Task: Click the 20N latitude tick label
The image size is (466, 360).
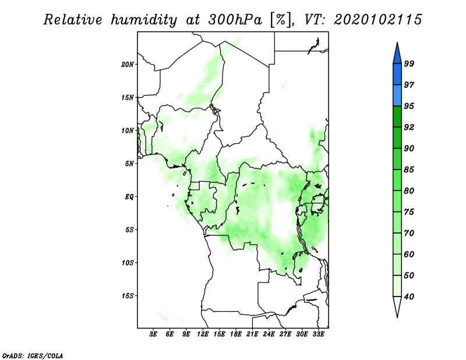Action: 128,64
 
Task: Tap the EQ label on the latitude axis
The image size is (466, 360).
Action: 129,196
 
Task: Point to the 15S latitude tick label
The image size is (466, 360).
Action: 128,296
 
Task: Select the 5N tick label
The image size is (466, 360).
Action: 129,164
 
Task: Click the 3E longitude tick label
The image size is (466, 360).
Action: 153,334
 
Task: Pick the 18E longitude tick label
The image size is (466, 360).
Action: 236,334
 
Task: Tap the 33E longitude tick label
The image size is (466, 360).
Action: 318,334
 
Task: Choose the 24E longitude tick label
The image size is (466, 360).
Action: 269,334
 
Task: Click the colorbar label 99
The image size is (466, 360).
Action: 409,63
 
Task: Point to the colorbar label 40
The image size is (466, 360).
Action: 409,297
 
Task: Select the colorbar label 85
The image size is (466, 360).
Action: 409,170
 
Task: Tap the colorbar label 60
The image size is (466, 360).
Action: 409,254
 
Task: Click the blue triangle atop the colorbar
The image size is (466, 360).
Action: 397,55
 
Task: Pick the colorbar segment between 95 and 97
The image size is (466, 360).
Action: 397,96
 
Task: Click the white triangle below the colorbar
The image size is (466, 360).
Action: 397,306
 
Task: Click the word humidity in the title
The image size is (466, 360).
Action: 144,20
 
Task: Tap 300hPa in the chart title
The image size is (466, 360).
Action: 235,20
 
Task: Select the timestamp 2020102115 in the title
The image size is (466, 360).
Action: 377,20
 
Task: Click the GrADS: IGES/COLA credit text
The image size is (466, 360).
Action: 33,355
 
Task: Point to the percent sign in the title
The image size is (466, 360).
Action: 281,20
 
